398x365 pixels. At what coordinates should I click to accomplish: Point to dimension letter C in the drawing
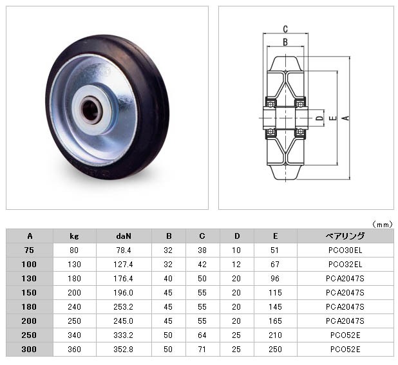point(285,29)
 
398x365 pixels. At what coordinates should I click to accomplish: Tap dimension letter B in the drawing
point(285,42)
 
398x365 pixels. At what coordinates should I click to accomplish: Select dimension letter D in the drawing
point(320,118)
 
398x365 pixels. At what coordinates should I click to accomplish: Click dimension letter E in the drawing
point(333,118)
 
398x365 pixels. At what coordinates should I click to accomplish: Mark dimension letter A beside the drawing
point(345,118)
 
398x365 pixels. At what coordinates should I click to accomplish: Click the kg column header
point(74,236)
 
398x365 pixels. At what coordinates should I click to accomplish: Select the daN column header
point(124,236)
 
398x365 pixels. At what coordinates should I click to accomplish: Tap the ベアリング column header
point(345,236)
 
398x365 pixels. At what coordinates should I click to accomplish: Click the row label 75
point(29,250)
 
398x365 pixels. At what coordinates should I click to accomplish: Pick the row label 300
point(29,350)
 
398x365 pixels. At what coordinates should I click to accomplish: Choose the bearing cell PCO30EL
point(345,250)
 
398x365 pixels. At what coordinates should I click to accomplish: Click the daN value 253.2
point(124,307)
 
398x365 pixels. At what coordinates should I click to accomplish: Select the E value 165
point(275,321)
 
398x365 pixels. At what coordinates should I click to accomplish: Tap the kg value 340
point(74,335)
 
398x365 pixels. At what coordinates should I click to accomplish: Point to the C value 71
point(202,350)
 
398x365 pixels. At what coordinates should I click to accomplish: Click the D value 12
point(236,265)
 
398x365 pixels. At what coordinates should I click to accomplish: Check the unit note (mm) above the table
point(383,224)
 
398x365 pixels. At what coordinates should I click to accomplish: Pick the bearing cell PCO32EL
point(345,265)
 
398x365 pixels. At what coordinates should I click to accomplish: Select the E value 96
point(275,279)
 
